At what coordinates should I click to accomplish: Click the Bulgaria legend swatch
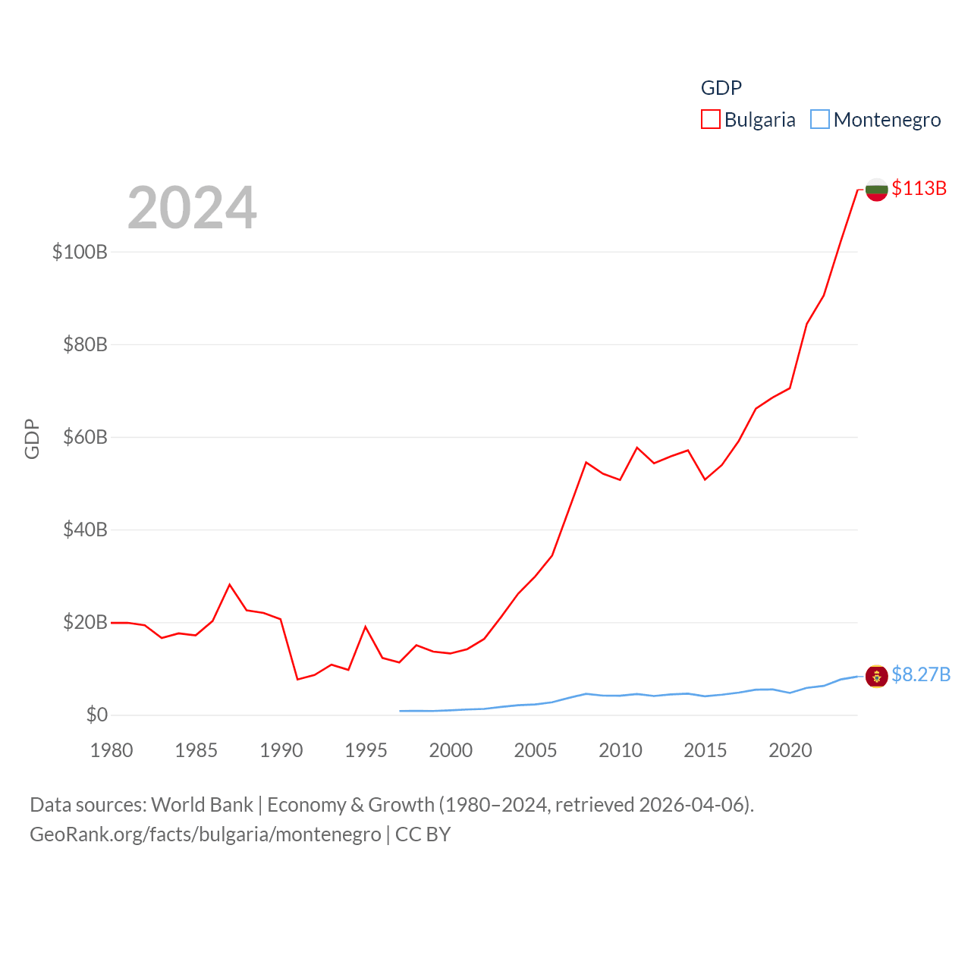710,120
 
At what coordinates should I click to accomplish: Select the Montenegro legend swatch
820,120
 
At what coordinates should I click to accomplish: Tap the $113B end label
919,188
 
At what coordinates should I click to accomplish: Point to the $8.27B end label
921,674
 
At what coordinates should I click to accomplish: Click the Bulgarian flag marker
877,190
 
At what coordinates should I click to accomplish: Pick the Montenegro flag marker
877,675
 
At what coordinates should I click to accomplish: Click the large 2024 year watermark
192,208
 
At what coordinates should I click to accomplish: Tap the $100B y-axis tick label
80,252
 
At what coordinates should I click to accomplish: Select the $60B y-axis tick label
85,437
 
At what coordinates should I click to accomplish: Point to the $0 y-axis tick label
97,715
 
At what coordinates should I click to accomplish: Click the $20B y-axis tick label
85,622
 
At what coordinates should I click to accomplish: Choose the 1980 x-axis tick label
112,750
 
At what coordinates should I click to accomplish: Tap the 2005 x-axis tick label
536,750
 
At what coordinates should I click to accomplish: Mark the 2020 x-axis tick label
790,750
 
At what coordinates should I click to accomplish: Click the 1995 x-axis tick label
366,750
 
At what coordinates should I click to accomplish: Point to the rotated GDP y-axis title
32,438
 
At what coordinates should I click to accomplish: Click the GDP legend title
721,88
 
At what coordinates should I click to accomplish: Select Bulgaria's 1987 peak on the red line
230,585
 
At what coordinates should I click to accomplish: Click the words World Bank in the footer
202,805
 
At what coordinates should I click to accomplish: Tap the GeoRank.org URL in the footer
205,834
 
